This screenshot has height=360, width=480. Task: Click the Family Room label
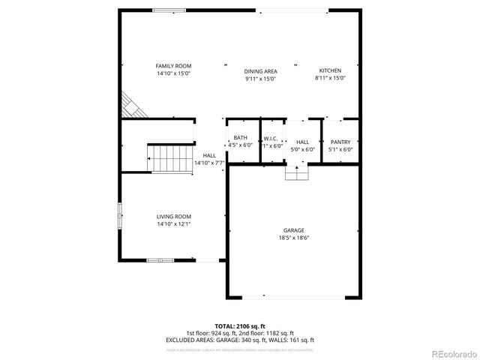(174, 66)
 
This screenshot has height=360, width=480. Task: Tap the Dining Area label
(260, 71)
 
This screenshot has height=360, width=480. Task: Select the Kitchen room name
(330, 70)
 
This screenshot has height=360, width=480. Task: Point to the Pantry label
(340, 142)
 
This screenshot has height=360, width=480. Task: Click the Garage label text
(293, 230)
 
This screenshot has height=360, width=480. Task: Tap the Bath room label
(240, 137)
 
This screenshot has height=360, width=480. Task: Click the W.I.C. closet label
(271, 138)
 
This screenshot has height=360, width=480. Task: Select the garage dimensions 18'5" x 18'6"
(293, 238)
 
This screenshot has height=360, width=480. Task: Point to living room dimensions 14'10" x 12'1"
(174, 223)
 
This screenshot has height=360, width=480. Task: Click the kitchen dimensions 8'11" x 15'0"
(330, 77)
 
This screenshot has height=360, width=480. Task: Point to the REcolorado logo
(451, 353)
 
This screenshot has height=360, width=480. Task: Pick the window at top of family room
(165, 10)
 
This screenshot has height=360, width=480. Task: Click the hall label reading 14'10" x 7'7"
(210, 162)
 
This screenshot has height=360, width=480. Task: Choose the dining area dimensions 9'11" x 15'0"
(260, 79)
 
